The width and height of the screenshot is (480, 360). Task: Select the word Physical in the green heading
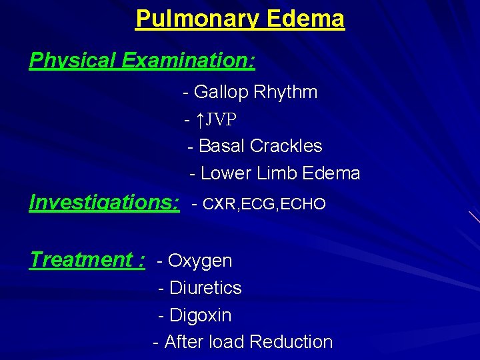coord(72,61)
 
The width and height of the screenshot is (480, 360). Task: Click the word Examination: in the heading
coord(188,61)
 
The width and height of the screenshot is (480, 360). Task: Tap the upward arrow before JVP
coord(200,120)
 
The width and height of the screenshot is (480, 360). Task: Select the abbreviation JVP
coord(222,120)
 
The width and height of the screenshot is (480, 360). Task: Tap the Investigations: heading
coord(105,202)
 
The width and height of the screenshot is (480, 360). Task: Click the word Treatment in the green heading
coord(81,259)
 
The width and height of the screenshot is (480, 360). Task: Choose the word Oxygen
coord(200,261)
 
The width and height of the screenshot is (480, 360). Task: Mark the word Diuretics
coord(205,288)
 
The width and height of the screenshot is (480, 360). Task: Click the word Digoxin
coord(201,315)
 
